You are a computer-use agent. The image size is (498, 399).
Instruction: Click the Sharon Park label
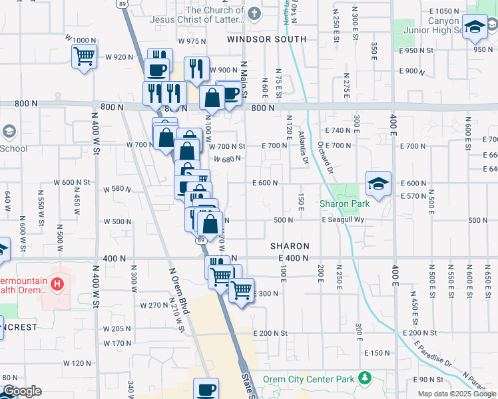tap(344, 203)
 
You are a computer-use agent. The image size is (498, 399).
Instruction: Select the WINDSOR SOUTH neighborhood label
tap(266, 39)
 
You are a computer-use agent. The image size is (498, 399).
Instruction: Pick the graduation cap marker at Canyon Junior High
tap(474, 27)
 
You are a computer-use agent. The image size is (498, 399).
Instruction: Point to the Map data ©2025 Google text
tap(457, 394)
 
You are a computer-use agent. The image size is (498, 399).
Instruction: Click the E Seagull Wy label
tap(342, 220)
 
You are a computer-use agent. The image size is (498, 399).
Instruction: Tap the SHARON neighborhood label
tap(290, 246)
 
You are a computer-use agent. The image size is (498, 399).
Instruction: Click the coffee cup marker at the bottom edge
tap(206, 389)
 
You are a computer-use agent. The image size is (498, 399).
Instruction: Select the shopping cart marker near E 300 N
tap(241, 290)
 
